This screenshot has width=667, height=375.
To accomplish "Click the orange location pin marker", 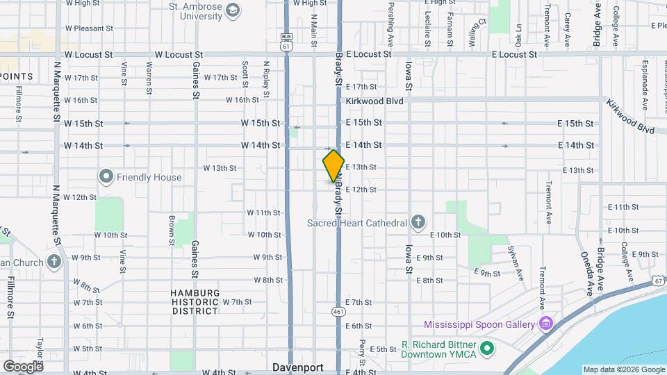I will pyautogui.click(x=333, y=166).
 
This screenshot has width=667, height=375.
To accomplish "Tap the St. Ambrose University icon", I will pyautogui.click(x=232, y=10).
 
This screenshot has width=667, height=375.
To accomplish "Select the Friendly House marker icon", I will pyautogui.click(x=106, y=177).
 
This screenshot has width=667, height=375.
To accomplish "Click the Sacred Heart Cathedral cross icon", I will pyautogui.click(x=418, y=223).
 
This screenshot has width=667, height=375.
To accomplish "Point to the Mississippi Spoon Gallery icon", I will pyautogui.click(x=546, y=324).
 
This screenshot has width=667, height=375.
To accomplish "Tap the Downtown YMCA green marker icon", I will pyautogui.click(x=487, y=348).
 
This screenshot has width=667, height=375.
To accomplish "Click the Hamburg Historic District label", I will pyautogui.click(x=195, y=302).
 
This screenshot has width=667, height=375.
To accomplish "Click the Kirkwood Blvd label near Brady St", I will pyautogui.click(x=374, y=101).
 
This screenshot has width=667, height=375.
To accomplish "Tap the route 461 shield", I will pyautogui.click(x=338, y=312).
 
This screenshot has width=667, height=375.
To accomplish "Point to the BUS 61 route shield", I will pyautogui.click(x=286, y=42).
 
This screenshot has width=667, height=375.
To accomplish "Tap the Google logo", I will pyautogui.click(x=23, y=366).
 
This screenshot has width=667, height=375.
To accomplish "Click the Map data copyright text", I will pyautogui.click(x=623, y=369).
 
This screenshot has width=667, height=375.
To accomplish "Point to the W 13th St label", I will pyautogui.click(x=220, y=168).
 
